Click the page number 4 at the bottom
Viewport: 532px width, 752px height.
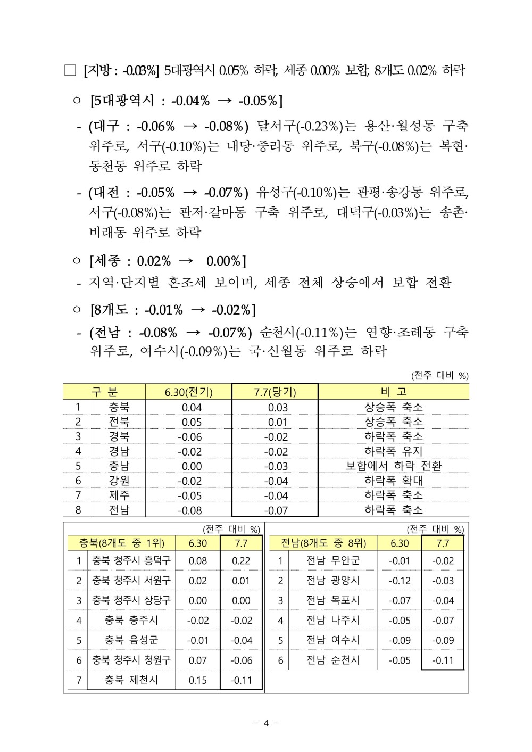pyautogui.click(x=267, y=723)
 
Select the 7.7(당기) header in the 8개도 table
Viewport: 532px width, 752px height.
pyautogui.click(x=275, y=392)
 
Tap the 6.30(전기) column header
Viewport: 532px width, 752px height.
pyautogui.click(x=189, y=392)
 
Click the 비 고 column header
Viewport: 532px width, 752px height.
pyautogui.click(x=394, y=392)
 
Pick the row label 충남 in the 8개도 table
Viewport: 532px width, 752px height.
pyautogui.click(x=119, y=466)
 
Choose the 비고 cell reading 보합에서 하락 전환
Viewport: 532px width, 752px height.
pyautogui.click(x=394, y=466)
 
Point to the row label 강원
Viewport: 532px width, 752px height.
pyautogui.click(x=119, y=481)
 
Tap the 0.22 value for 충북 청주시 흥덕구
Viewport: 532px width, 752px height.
pyautogui.click(x=241, y=560)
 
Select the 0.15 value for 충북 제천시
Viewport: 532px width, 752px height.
pyautogui.click(x=198, y=680)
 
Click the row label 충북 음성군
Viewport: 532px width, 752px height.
pyautogui.click(x=131, y=640)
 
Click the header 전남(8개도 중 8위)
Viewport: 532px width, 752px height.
pyautogui.click(x=323, y=543)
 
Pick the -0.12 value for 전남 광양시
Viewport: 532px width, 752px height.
pyautogui.click(x=400, y=581)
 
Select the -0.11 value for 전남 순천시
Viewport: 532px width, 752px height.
pyautogui.click(x=443, y=660)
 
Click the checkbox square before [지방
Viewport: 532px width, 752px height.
pyautogui.click(x=70, y=70)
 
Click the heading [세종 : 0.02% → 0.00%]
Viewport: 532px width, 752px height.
pyautogui.click(x=168, y=261)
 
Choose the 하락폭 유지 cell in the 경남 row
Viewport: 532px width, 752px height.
pyautogui.click(x=394, y=451)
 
